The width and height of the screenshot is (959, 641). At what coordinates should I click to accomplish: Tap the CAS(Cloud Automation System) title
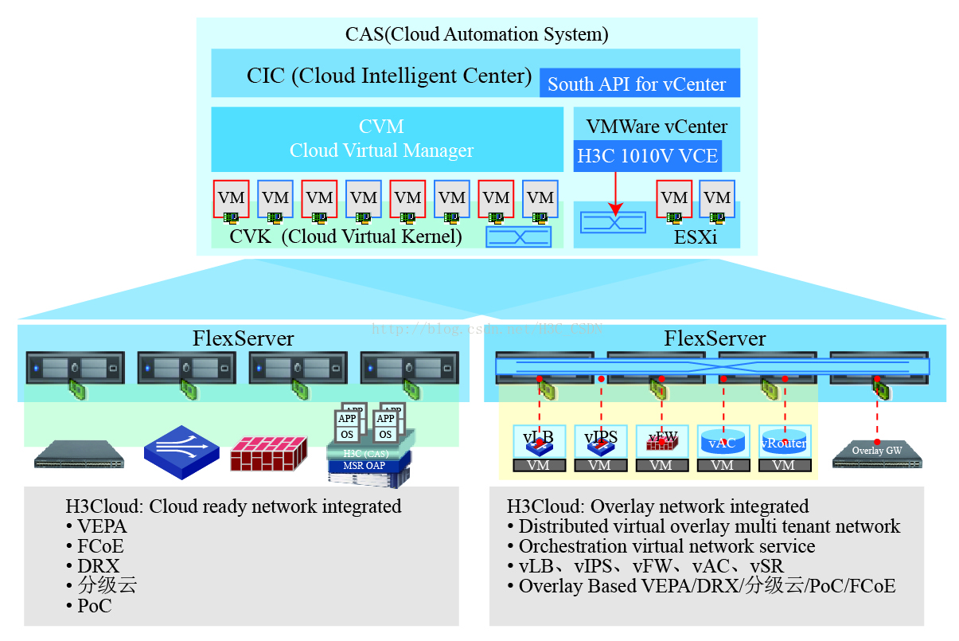click(476, 34)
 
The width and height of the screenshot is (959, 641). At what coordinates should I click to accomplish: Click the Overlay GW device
click(877, 452)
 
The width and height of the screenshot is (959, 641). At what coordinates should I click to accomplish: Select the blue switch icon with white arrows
click(181, 451)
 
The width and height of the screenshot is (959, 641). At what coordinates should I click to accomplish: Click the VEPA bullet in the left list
click(102, 526)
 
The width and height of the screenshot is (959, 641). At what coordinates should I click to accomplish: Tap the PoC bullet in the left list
click(94, 606)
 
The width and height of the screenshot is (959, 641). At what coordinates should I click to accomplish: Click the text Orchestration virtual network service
click(666, 546)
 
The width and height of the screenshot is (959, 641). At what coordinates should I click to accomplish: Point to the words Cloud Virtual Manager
click(381, 150)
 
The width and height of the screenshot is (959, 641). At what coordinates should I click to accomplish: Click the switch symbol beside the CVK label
click(518, 236)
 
